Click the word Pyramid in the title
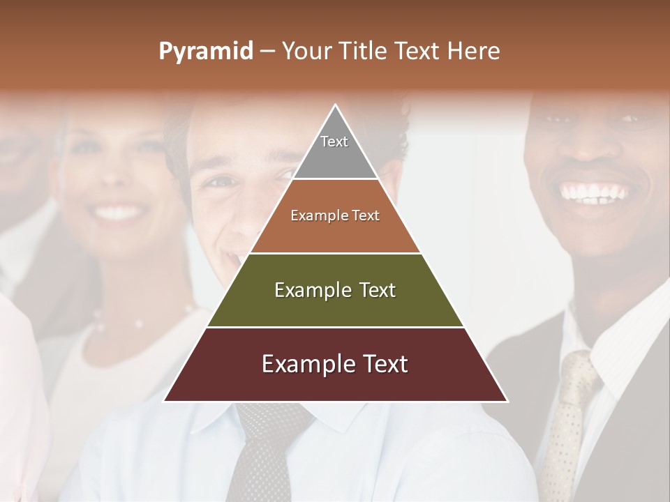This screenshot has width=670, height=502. point(205,52)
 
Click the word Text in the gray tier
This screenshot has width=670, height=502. point(334,142)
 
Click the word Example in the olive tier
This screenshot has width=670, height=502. point(309,290)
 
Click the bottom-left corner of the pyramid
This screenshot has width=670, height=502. point(164,401)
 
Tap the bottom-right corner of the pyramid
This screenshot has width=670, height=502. point(507,401)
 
